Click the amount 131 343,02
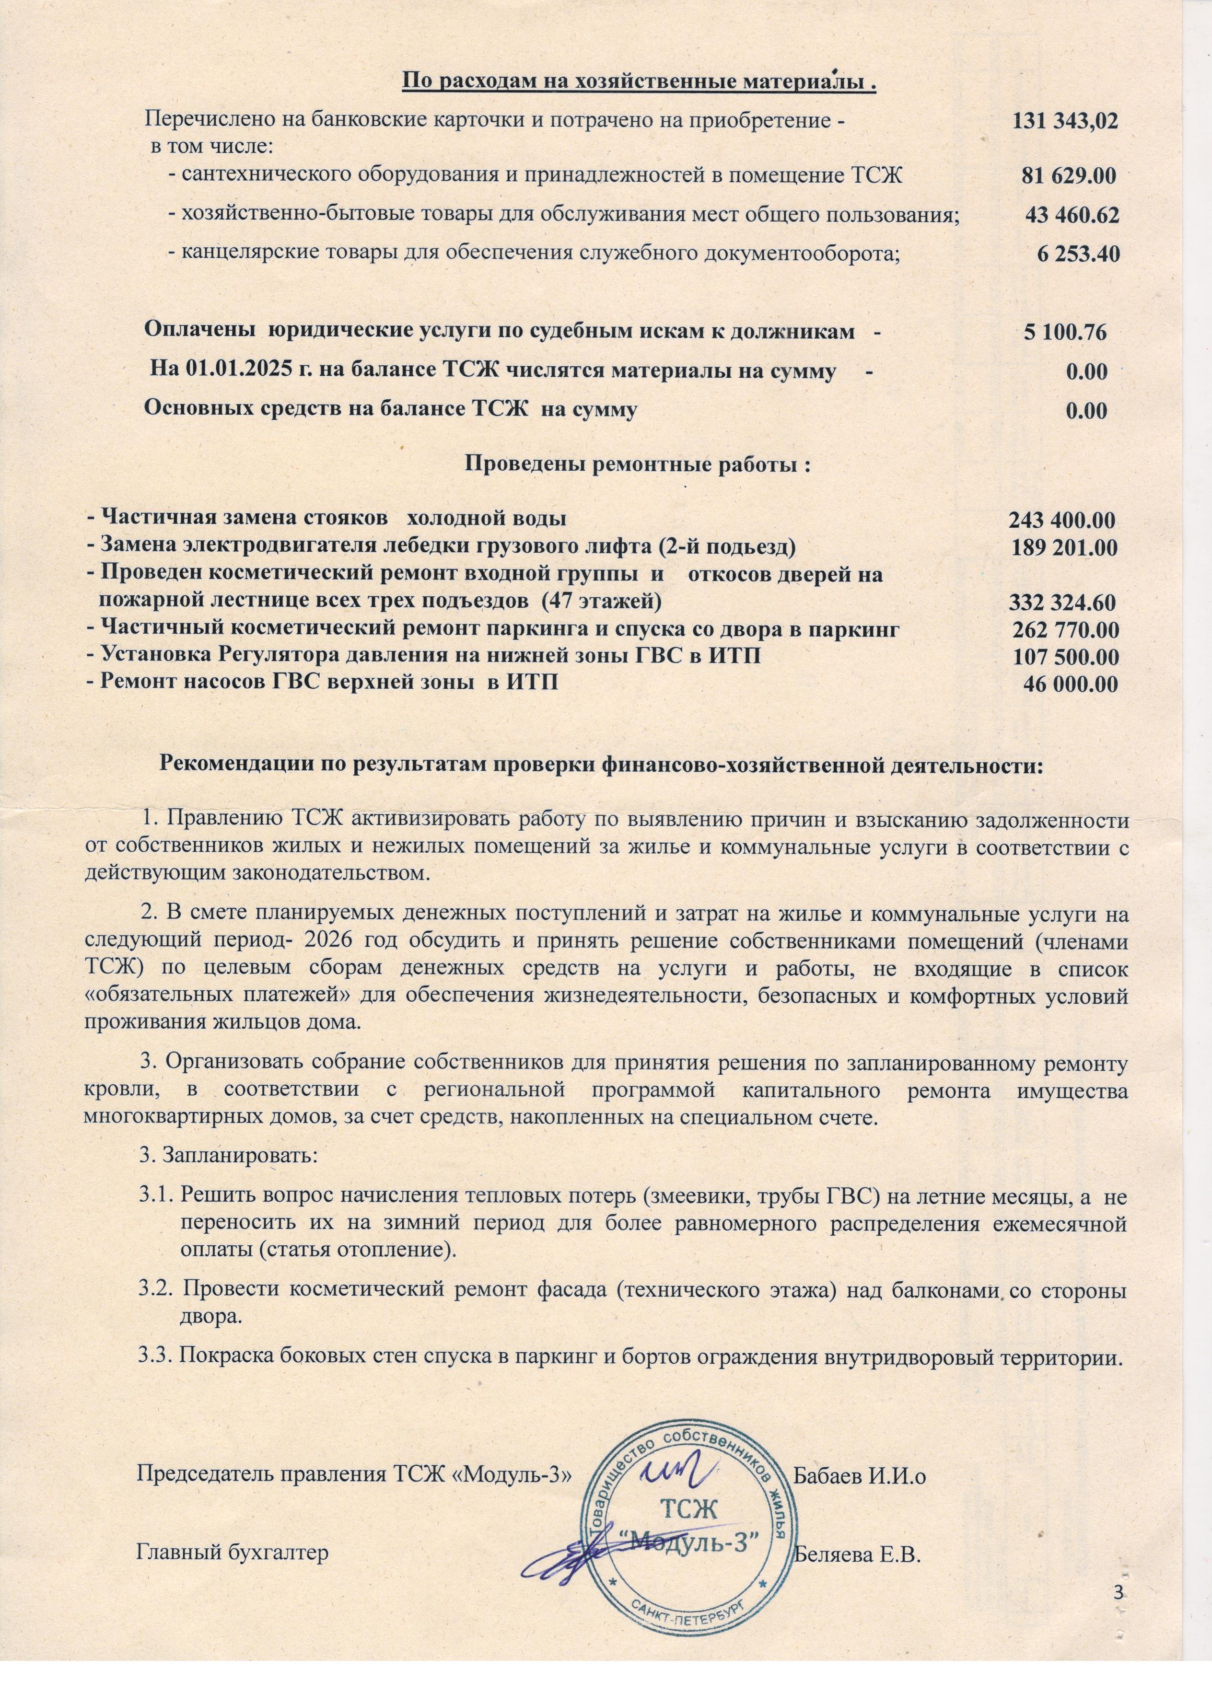click(x=1065, y=122)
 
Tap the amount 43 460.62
click(x=1072, y=216)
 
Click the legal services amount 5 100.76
click(x=1065, y=332)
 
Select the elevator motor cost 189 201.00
click(x=1064, y=548)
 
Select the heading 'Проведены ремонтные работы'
click(x=636, y=466)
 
